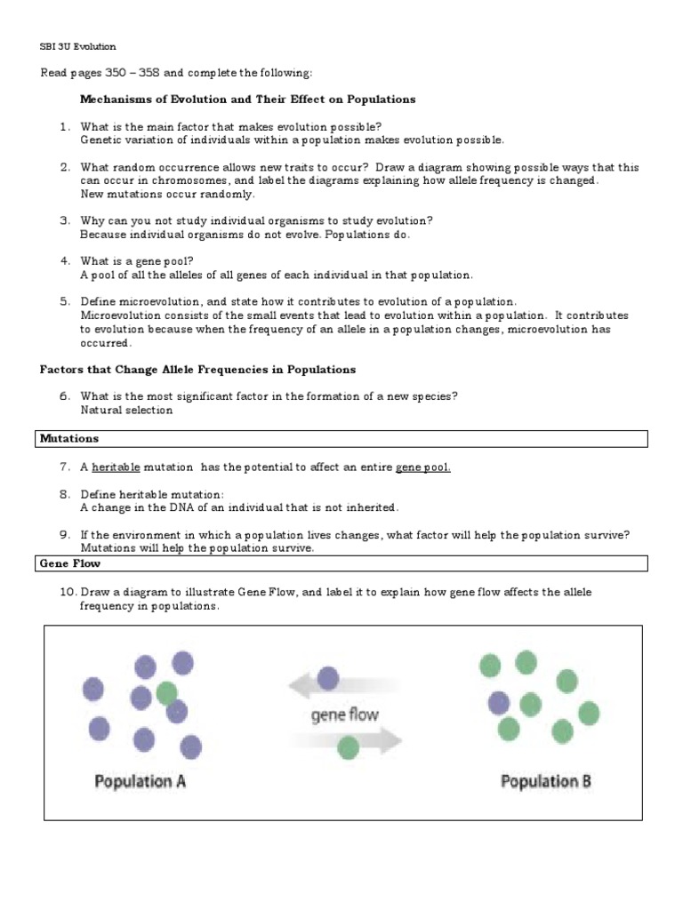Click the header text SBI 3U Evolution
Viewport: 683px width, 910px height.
point(77,46)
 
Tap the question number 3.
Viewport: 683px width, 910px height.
point(65,220)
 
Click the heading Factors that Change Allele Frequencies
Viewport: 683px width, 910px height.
point(197,370)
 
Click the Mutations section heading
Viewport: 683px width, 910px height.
point(69,439)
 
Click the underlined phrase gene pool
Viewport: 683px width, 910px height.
point(422,467)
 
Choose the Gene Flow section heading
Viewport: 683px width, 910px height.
point(70,563)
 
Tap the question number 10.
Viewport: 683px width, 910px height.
point(66,592)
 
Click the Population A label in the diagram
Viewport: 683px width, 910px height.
point(140,782)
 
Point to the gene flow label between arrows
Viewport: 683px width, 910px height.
point(344,714)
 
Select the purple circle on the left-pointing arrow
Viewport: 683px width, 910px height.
point(328,679)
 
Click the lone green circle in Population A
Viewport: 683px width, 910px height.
point(166,692)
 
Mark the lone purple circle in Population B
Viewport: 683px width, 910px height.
point(499,704)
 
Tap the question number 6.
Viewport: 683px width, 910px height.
point(65,396)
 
